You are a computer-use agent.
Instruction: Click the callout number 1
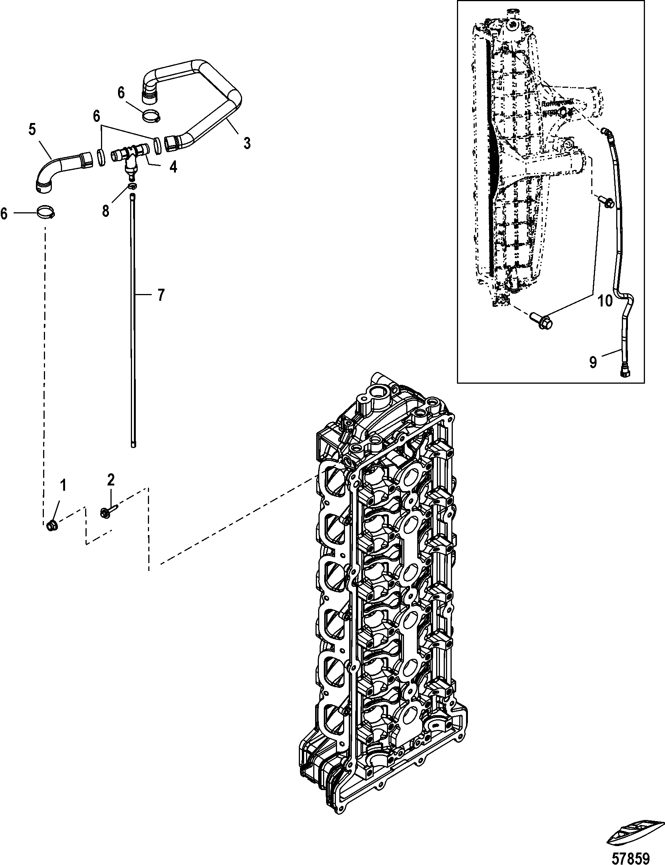(62, 485)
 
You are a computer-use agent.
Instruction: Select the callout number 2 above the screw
(111, 480)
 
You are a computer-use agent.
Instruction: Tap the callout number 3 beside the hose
(247, 143)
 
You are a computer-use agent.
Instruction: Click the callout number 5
(32, 129)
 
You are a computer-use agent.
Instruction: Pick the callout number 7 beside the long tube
(160, 295)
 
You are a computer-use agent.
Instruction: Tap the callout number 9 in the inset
(593, 362)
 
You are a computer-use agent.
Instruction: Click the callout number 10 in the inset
(604, 301)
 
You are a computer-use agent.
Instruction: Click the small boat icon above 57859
(634, 831)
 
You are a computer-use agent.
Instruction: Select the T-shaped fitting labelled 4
(129, 157)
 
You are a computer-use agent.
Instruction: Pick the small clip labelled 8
(132, 187)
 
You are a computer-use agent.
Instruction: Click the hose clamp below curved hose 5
(46, 212)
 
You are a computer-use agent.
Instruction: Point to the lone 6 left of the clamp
(4, 214)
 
